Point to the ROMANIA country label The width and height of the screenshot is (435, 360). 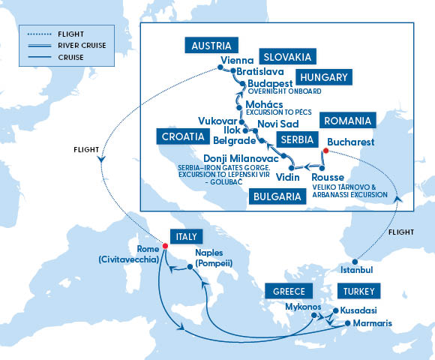347,121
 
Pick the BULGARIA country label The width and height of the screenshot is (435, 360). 277,197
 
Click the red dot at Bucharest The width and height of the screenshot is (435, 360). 325,150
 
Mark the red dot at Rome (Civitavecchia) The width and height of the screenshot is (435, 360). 165,245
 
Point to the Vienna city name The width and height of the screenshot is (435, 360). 238,61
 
